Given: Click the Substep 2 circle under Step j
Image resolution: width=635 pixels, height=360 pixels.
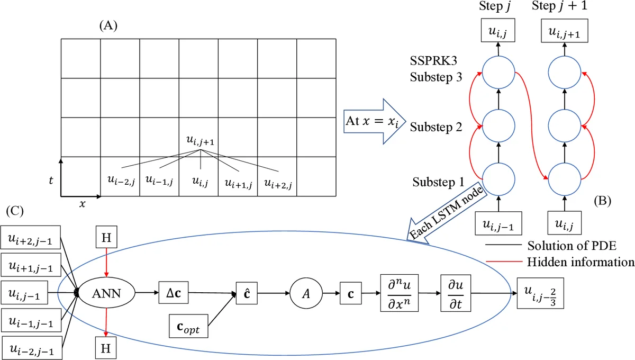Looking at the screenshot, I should pyautogui.click(x=498, y=125).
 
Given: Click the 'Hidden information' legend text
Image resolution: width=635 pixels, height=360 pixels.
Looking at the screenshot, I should pyautogui.click(x=580, y=262).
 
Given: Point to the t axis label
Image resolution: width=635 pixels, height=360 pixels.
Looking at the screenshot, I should pyautogui.click(x=50, y=181).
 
